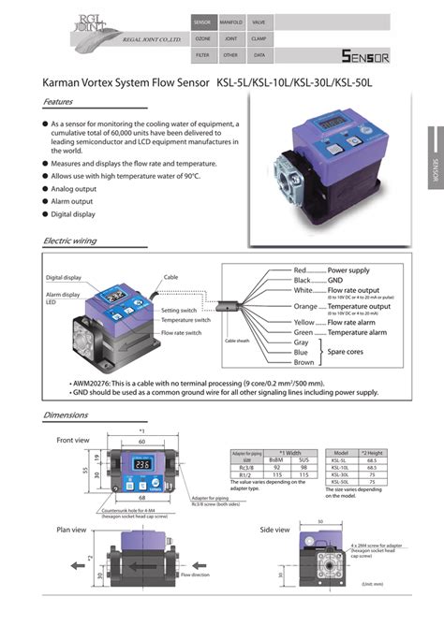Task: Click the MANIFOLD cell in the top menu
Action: [x=231, y=22]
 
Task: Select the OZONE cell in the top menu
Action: [x=202, y=39]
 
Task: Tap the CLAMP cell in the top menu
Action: [x=259, y=39]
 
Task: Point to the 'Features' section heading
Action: [x=59, y=102]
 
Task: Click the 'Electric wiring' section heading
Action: [x=70, y=240]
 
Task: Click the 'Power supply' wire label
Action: [x=348, y=269]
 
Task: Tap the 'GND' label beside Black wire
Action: [x=335, y=280]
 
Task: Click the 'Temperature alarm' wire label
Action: [x=361, y=332]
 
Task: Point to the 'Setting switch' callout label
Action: [x=179, y=310]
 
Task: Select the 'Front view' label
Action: [x=73, y=440]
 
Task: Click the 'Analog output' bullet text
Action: [x=73, y=188]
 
